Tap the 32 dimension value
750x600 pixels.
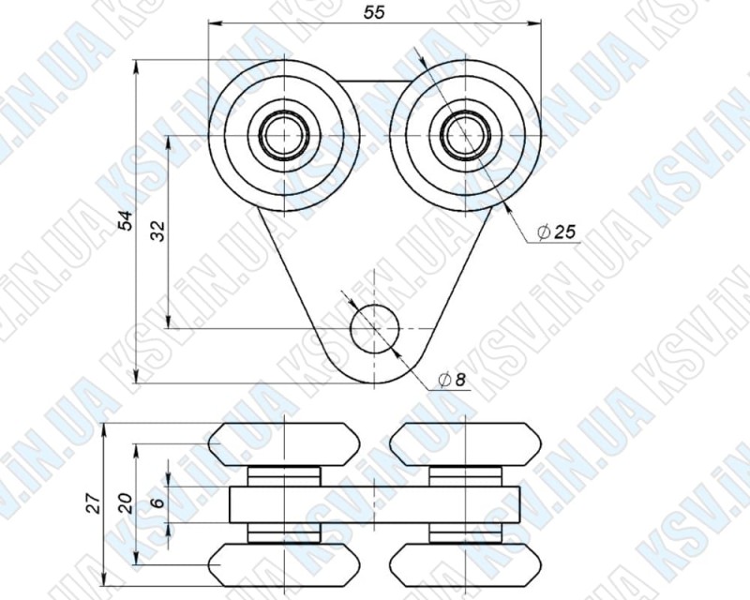(157, 232)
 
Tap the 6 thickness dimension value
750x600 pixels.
(157, 503)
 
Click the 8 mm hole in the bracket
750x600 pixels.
(374, 328)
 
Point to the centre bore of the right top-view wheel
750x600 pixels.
(464, 135)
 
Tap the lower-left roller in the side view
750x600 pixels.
(282, 564)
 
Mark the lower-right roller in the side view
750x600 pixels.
(466, 564)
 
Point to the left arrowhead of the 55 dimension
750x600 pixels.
(212, 22)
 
